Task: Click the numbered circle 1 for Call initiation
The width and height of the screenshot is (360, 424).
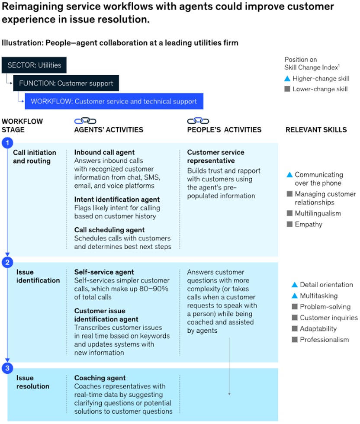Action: pos(7,143)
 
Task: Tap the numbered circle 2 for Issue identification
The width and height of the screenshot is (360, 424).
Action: pos(7,262)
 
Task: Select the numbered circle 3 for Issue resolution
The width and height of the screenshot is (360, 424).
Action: pos(7,368)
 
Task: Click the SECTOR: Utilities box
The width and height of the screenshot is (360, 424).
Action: pos(34,66)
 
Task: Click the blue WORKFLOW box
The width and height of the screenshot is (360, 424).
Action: pos(114,102)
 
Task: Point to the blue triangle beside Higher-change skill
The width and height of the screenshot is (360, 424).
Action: pos(287,79)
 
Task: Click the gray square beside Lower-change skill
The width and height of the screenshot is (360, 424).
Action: pos(287,89)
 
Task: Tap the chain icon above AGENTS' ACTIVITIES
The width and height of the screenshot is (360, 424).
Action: pos(85,121)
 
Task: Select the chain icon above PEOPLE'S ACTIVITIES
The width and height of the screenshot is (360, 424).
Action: pos(198,121)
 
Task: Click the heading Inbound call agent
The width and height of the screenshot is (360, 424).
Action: pos(104,152)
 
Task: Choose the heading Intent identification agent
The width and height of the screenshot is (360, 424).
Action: pos(117,199)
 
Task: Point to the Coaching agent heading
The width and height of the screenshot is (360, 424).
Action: pos(100,378)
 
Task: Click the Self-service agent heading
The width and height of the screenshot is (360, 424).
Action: pos(104,272)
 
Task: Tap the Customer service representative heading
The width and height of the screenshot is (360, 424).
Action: pos(215,156)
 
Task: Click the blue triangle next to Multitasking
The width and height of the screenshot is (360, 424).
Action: pos(295,296)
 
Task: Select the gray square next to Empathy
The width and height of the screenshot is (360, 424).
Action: pos(289,224)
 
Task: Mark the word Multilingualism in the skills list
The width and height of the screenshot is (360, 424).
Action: pos(318,213)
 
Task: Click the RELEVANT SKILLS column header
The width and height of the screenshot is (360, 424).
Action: pos(316,129)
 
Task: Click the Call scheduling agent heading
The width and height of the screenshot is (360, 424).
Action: pos(109,230)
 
